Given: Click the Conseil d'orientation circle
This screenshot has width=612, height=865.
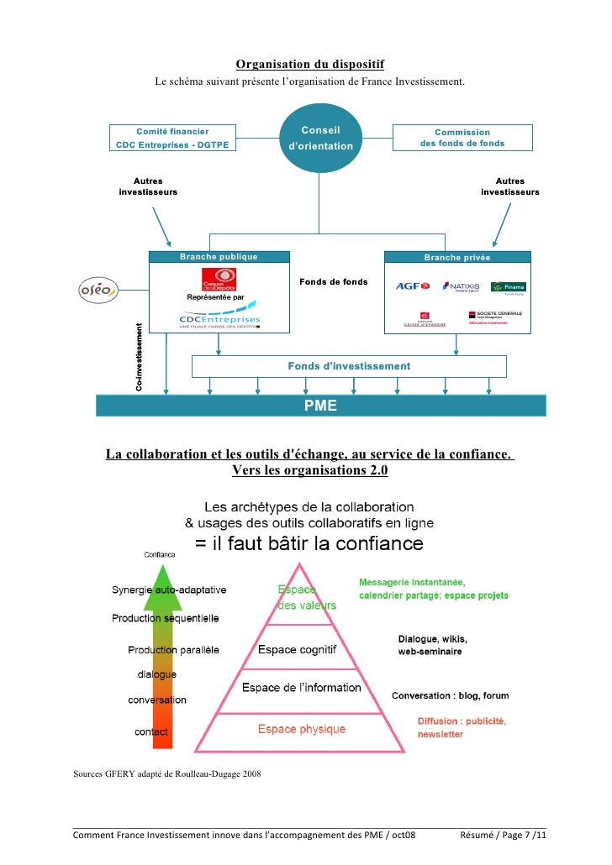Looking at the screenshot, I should point(319,139).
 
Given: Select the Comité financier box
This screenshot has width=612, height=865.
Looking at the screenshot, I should point(172,138).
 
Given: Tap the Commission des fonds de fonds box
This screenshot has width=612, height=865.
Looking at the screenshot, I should point(462,138).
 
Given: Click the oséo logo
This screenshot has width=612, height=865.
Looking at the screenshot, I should point(98,290).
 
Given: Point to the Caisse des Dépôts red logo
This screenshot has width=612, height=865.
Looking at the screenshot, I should point(219,280).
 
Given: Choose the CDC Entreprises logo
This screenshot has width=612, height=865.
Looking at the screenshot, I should point(219,320).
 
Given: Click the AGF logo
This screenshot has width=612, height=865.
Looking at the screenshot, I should point(412,286).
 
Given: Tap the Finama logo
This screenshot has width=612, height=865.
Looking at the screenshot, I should point(509,287).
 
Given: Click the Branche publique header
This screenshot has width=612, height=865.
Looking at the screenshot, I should point(219,257).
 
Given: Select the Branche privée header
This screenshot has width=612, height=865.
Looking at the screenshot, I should point(456,257).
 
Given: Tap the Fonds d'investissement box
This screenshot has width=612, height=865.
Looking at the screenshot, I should point(349,366).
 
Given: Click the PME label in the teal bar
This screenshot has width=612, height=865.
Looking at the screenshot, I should point(320,406).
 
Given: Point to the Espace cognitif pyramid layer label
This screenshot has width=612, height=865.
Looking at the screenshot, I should point(297,649).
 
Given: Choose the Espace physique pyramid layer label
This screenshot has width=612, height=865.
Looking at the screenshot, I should point(300,729).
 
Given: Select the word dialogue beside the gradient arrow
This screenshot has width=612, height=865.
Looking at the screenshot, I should point(157,674).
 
